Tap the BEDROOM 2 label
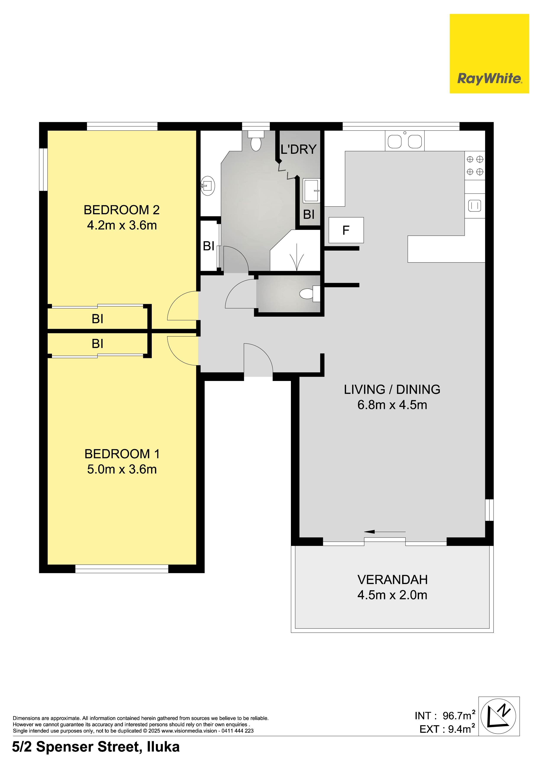pos(122,210)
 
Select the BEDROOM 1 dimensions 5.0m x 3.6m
pos(122,469)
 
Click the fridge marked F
pos(346,230)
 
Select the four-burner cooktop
pos(475,165)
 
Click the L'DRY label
pos(298,150)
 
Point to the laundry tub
pos(311,191)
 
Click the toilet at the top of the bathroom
pos(256,141)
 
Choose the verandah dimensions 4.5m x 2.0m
pos(392,595)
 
